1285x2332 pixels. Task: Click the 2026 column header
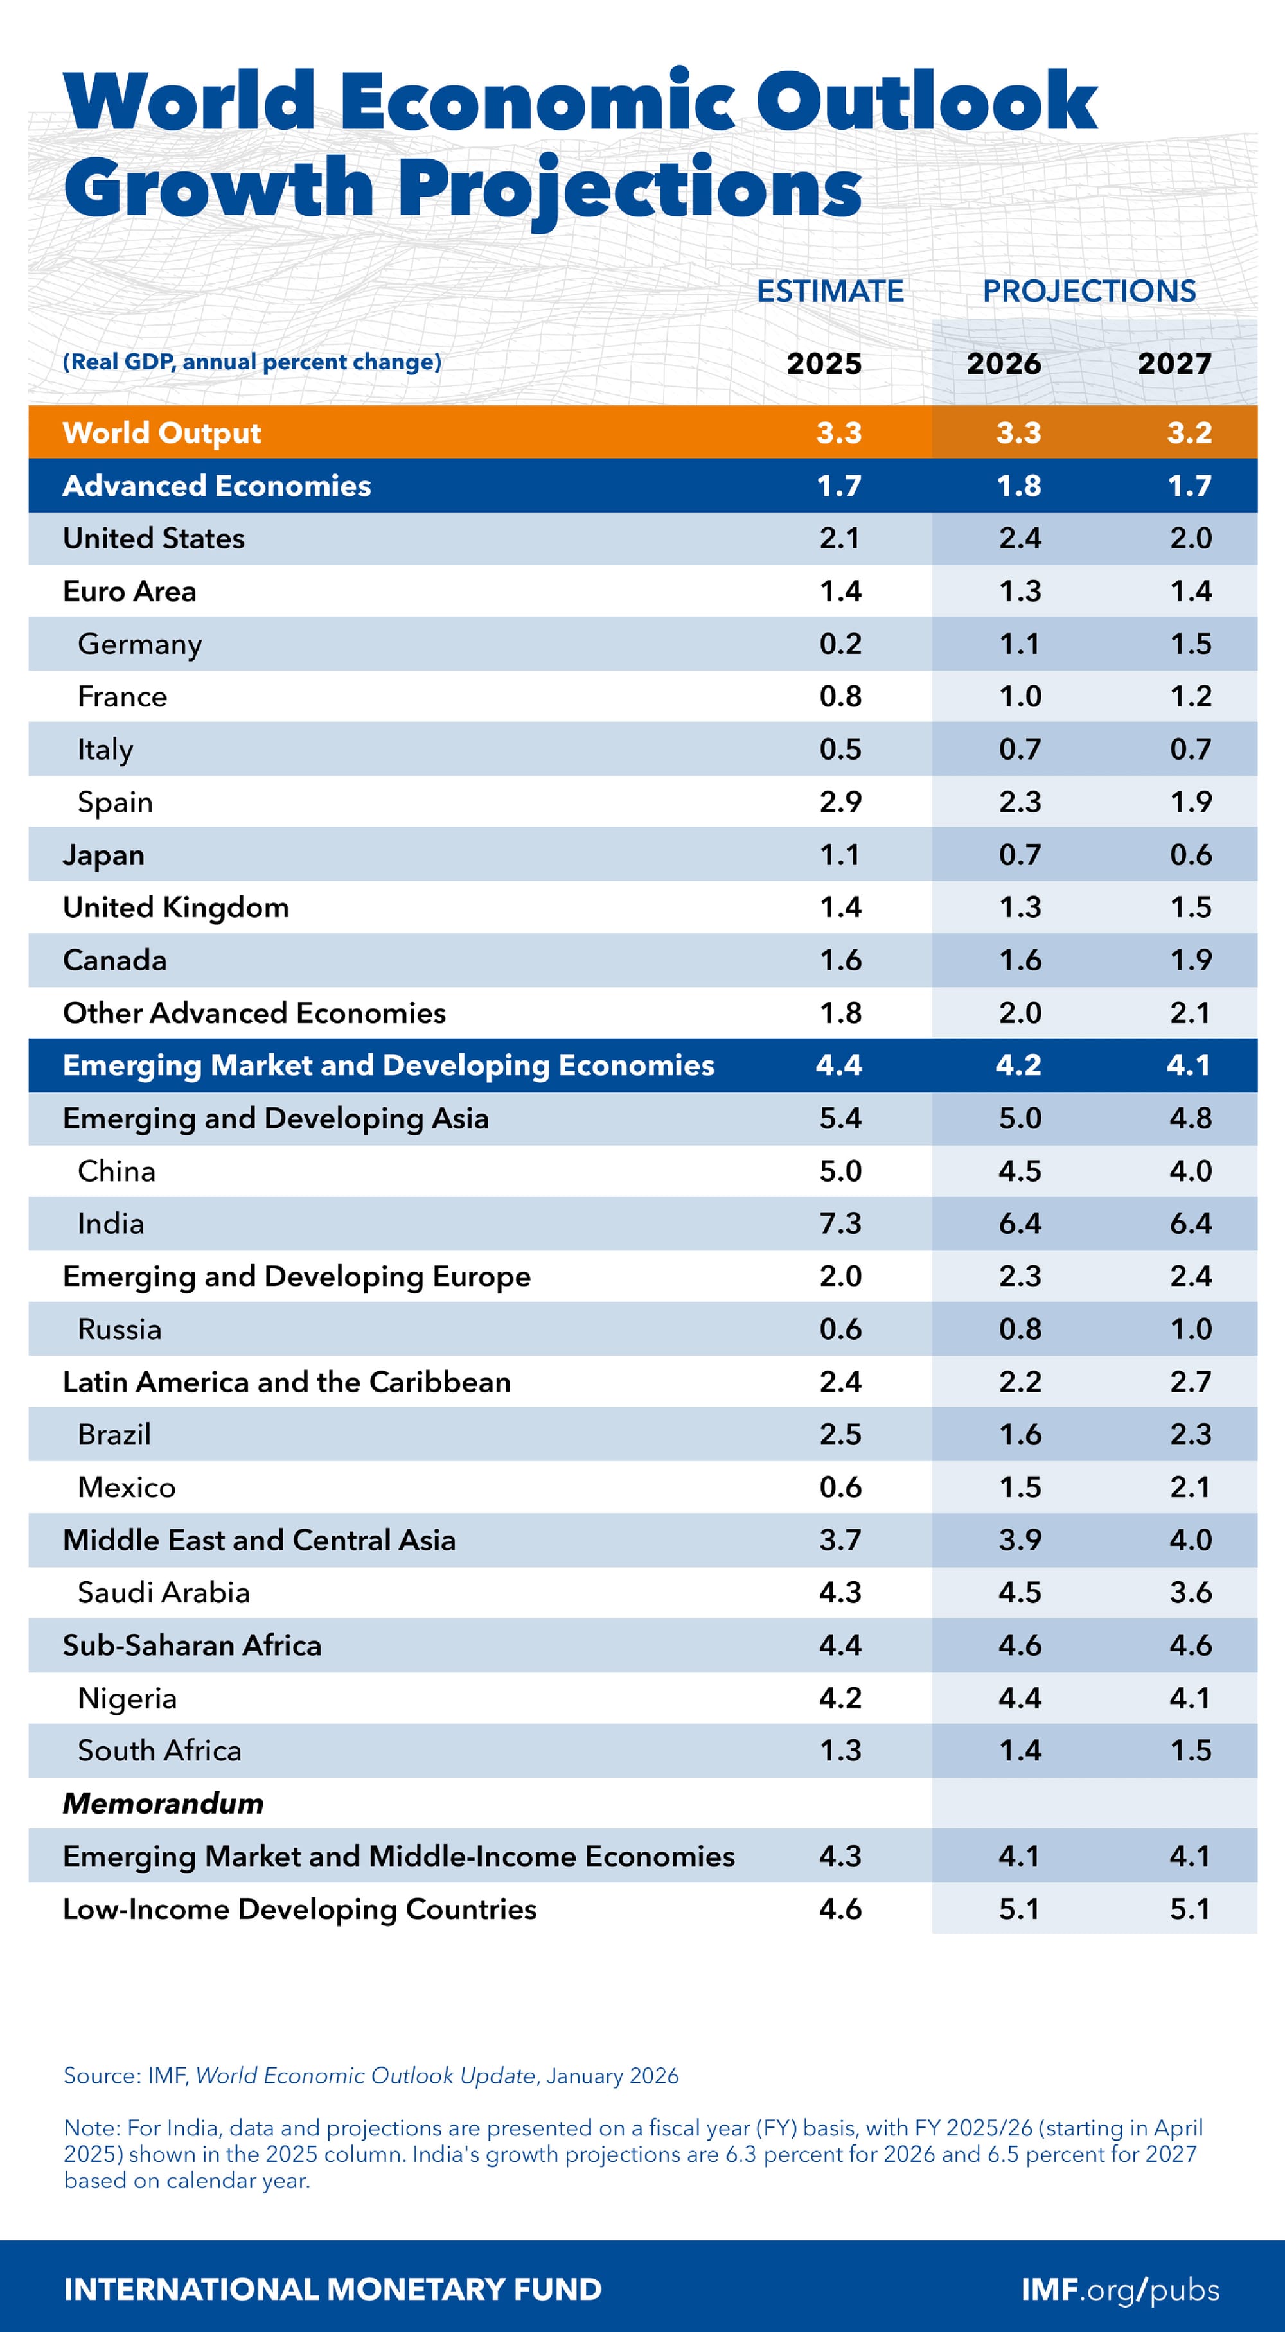point(1004,364)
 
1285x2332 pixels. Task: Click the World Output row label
point(161,433)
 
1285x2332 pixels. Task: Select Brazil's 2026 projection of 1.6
point(1020,1434)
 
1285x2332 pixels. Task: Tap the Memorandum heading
point(163,1803)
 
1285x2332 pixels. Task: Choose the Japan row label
point(103,855)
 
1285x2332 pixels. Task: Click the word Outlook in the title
point(925,101)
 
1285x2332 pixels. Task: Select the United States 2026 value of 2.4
point(1020,539)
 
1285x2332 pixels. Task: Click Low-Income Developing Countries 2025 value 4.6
point(840,1909)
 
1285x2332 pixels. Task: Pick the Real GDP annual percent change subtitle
point(252,362)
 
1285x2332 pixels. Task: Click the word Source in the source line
point(100,2076)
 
